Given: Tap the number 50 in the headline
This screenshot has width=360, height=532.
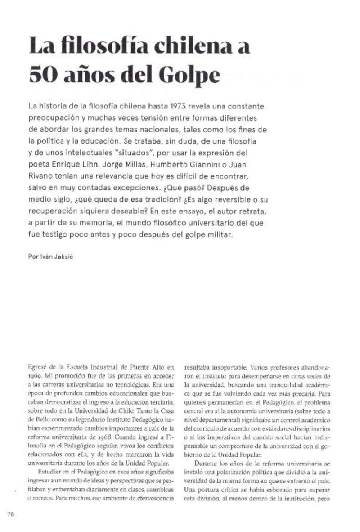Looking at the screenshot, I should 43,75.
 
